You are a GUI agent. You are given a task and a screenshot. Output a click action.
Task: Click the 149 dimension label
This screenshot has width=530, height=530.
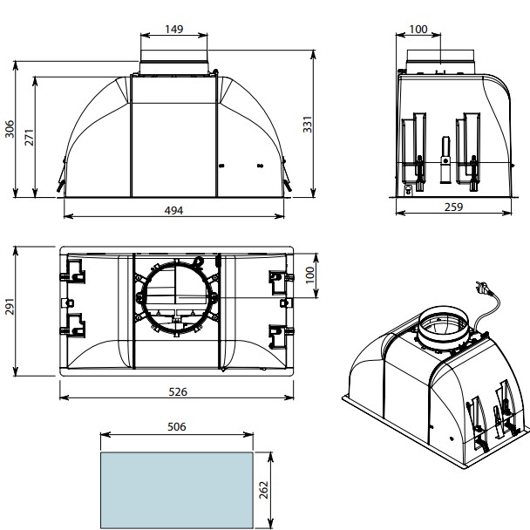(x=174, y=29)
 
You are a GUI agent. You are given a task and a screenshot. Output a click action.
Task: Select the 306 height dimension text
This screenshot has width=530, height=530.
(x=10, y=129)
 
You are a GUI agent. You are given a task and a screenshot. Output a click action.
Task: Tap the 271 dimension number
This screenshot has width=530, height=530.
(x=29, y=137)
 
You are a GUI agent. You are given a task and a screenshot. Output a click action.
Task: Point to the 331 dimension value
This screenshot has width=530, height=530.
(x=307, y=125)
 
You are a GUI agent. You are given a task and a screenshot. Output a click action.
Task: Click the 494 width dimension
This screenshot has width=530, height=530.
(x=173, y=211)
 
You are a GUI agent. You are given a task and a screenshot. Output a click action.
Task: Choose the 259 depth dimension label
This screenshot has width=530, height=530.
(x=453, y=207)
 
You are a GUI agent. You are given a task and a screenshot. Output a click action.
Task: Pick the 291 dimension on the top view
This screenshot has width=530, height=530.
(x=10, y=306)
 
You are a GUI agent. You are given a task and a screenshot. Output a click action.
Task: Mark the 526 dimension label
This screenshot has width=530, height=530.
(x=178, y=391)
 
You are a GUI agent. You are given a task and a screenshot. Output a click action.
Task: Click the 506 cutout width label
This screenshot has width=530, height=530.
(x=177, y=426)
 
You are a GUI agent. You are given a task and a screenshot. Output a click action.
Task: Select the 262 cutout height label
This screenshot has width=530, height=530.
(x=263, y=490)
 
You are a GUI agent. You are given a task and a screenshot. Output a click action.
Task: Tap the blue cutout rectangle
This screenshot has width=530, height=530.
(x=177, y=490)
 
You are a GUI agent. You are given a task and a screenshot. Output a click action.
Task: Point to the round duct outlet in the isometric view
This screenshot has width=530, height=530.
(x=444, y=327)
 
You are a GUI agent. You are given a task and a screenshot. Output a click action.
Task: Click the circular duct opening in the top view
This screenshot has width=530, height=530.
(x=176, y=298)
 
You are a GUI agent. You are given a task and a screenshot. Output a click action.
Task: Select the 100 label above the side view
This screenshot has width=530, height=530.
(x=418, y=30)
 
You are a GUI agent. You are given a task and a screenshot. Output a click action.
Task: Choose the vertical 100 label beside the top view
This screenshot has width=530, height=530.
(x=309, y=275)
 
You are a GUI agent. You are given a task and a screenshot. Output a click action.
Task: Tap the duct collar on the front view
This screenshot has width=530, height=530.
(x=173, y=62)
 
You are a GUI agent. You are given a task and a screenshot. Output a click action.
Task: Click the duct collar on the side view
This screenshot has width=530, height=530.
(x=440, y=62)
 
